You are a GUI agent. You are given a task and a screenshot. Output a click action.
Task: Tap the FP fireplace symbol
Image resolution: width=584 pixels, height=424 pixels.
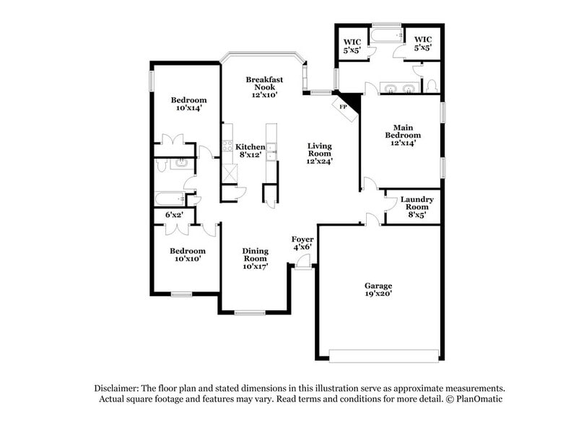pyautogui.click(x=344, y=107)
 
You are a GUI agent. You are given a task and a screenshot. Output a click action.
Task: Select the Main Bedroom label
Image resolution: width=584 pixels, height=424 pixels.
pyautogui.click(x=402, y=133)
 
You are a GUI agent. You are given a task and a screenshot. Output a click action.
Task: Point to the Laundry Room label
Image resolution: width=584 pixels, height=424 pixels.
pyautogui.click(x=417, y=206)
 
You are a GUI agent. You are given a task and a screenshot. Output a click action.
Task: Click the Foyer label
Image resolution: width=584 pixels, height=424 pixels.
pyautogui.click(x=302, y=243)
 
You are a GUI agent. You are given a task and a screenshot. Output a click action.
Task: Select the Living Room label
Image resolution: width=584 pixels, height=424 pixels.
pyautogui.click(x=318, y=153)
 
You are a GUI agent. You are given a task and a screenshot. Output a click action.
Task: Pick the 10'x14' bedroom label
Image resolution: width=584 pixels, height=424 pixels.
pyautogui.click(x=188, y=104)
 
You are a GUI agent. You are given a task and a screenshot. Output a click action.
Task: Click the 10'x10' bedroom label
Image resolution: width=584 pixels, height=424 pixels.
pyautogui.click(x=188, y=255)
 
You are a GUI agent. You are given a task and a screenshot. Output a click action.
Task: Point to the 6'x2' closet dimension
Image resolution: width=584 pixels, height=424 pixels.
pyautogui.click(x=174, y=215)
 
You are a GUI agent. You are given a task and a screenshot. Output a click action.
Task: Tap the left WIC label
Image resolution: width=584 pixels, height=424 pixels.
pyautogui.click(x=352, y=45)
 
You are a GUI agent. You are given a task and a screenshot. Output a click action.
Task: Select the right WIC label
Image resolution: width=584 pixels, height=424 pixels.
pyautogui.click(x=422, y=45)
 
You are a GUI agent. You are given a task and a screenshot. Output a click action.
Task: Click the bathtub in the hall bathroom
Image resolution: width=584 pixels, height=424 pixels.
pyautogui.click(x=170, y=198)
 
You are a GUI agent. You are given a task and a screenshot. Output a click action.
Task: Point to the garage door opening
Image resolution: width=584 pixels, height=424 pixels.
pyautogui.click(x=383, y=353)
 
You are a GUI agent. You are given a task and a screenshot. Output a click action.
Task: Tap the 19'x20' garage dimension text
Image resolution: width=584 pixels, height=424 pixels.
pyautogui.click(x=378, y=294)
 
